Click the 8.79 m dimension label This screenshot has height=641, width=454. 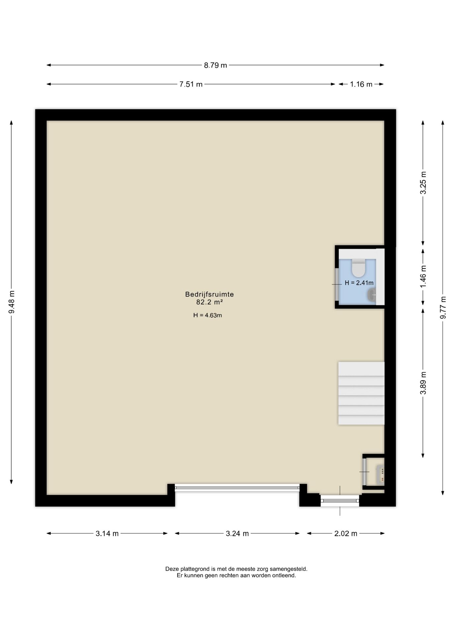215,65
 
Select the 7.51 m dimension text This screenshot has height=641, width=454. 191,84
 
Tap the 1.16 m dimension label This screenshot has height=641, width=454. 361,84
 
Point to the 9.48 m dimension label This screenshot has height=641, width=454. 12,302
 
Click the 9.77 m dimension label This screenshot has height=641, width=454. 443,307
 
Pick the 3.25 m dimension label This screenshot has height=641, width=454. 424,183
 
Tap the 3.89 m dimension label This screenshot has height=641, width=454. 424,383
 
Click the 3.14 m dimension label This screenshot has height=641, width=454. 107,533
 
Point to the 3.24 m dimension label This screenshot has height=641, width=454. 237,533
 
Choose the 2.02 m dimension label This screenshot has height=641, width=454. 346,533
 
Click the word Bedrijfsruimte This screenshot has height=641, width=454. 210,294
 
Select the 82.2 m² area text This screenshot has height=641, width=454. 210,302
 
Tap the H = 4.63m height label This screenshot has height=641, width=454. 208,315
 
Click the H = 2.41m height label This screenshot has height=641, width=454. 359,283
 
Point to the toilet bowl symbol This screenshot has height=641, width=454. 358,268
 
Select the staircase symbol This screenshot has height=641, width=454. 361,393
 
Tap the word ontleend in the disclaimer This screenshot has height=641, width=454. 285,576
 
